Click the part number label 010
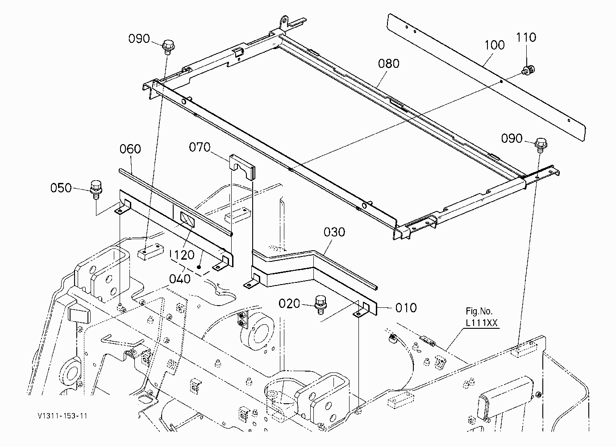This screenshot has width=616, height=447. pyautogui.click(x=406, y=308)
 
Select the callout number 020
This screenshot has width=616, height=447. pyautogui.click(x=289, y=303)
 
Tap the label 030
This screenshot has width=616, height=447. pyautogui.click(x=334, y=232)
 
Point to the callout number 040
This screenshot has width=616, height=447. pyautogui.click(x=180, y=279)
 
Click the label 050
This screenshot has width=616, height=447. pyautogui.click(x=61, y=188)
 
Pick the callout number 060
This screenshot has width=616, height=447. pyautogui.click(x=130, y=149)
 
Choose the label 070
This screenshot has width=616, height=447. pyautogui.click(x=200, y=147)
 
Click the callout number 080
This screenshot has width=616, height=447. pyautogui.click(x=389, y=63)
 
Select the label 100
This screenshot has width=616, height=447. pyautogui.click(x=495, y=45)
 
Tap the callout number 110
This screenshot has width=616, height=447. pyautogui.click(x=526, y=37)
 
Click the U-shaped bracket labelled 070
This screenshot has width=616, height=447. pyautogui.click(x=242, y=166)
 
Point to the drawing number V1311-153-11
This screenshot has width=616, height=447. pyautogui.click(x=62, y=416)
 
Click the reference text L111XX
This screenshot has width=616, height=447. pyautogui.click(x=482, y=323)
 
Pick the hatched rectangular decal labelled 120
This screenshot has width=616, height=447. pyautogui.click(x=187, y=219)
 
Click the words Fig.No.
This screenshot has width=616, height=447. pyautogui.click(x=479, y=311)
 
